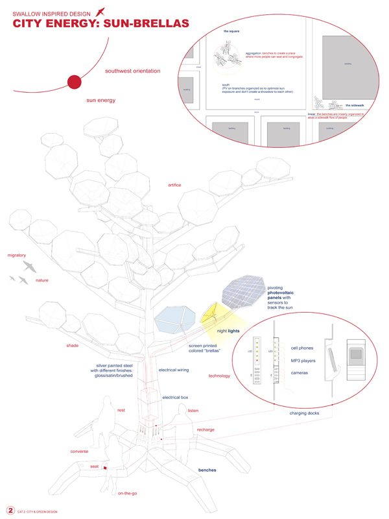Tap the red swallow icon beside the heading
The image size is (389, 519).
point(99,11)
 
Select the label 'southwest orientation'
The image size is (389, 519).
point(132,71)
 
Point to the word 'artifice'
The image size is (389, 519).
point(174,186)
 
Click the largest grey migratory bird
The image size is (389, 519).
point(30,266)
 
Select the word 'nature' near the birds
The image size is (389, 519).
point(42,280)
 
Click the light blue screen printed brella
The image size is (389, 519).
point(176,320)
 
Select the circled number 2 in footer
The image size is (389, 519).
point(10,510)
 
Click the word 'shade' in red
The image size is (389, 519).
point(72,345)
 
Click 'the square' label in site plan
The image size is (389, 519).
point(232,30)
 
